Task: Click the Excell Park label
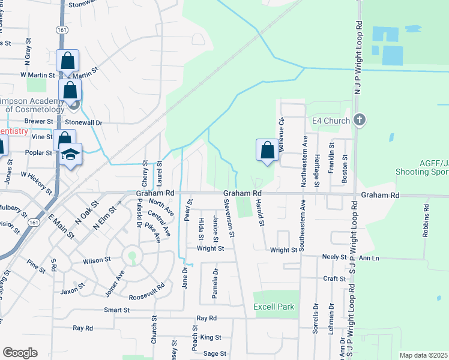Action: pyautogui.click(x=274, y=307)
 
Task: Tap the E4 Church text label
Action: pyautogui.click(x=331, y=121)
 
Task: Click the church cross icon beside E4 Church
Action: pyautogui.click(x=360, y=119)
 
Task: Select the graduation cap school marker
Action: pyautogui.click(x=71, y=154)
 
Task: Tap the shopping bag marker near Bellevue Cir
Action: pyautogui.click(x=268, y=150)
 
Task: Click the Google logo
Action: pyautogui.click(x=20, y=353)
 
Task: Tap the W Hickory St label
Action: pyautogui.click(x=36, y=183)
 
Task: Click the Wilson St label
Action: pyautogui.click(x=97, y=260)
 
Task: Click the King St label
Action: pyautogui.click(x=211, y=338)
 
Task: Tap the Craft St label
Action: pyautogui.click(x=334, y=278)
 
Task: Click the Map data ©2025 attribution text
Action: pyautogui.click(x=423, y=355)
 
